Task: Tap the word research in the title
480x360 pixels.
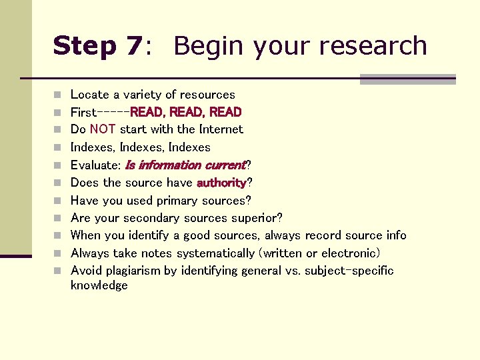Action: [x=373, y=46]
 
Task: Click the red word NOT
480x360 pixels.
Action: [x=103, y=129]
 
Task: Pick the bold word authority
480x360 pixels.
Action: [x=221, y=183]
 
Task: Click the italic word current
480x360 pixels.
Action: [x=225, y=165]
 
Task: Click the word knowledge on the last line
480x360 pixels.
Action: [x=99, y=285]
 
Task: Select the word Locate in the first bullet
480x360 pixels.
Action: [x=88, y=95]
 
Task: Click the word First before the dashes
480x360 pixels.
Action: [x=83, y=112]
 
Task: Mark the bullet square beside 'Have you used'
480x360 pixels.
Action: [x=58, y=201]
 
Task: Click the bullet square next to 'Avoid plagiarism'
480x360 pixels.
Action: [x=58, y=271]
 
